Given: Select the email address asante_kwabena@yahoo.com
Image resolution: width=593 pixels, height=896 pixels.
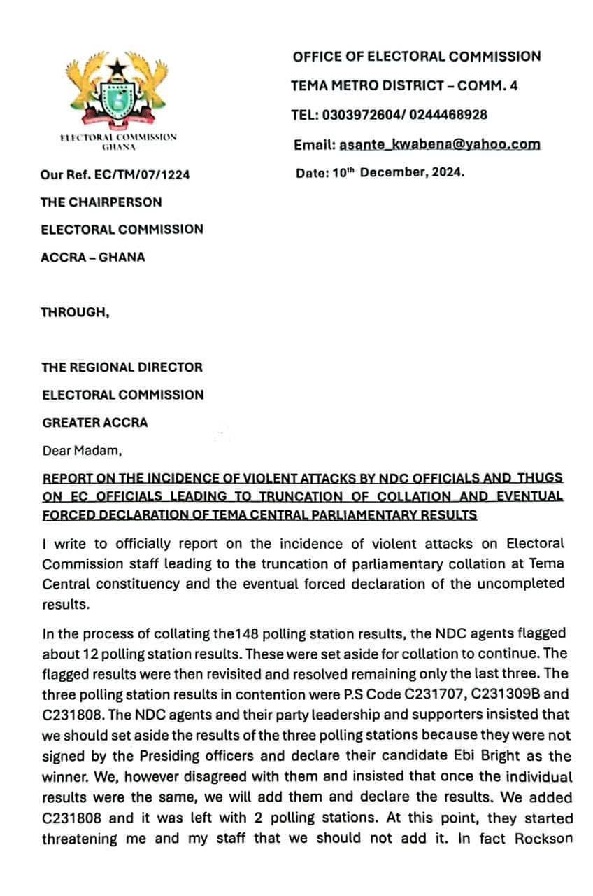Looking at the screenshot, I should pos(439,144).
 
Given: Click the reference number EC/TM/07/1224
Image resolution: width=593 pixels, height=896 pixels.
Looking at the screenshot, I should pos(144,175).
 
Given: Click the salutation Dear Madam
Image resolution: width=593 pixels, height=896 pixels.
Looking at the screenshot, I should pos(82,451).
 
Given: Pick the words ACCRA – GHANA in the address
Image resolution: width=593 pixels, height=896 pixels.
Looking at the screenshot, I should pos(94,257).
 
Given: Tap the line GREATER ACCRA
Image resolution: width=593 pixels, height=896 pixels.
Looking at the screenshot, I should pos(95,423).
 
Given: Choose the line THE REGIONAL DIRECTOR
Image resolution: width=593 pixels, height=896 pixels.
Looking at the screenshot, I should pos(122,367).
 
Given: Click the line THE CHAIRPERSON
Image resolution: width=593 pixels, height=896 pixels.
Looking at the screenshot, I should pos(101,202).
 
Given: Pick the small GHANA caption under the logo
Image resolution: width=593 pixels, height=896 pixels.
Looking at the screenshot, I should pos(118,147).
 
